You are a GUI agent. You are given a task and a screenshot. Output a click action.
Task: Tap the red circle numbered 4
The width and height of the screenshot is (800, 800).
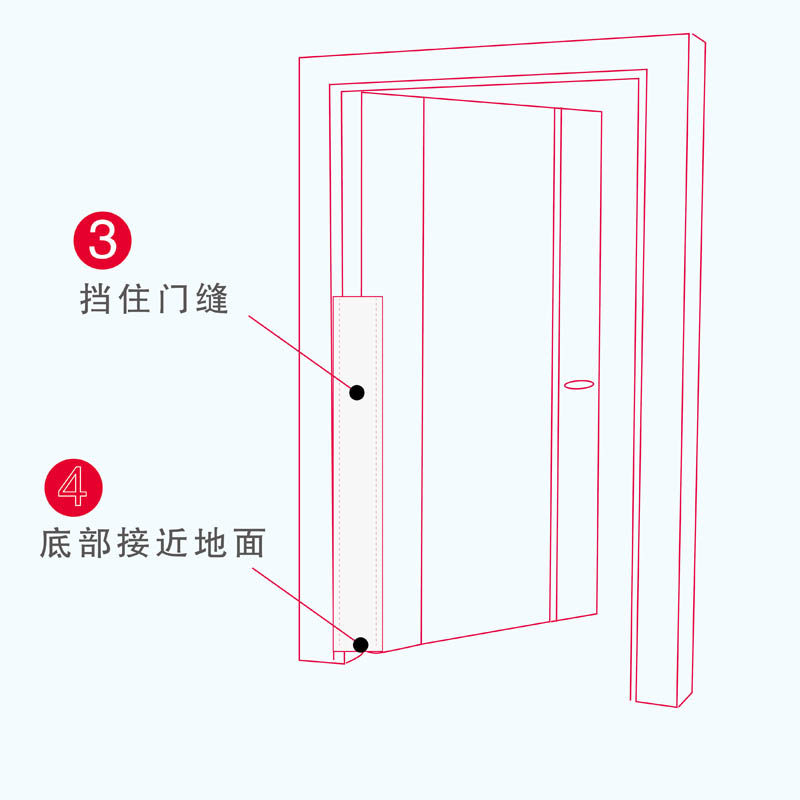click(x=74, y=487)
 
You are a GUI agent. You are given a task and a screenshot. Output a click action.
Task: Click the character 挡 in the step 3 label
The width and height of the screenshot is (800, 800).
click(x=96, y=299)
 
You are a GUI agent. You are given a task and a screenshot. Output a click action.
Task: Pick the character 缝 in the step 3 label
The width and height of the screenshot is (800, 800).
click(x=213, y=299)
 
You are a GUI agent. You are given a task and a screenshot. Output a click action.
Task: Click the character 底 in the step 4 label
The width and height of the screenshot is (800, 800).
click(x=56, y=544)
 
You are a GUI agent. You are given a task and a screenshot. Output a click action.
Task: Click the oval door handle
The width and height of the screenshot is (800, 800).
click(x=579, y=383)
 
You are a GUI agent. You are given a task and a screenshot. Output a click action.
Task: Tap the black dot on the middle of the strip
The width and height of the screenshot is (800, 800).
click(x=357, y=392)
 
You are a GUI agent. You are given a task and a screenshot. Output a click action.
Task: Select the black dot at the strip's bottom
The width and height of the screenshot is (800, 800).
click(x=361, y=645)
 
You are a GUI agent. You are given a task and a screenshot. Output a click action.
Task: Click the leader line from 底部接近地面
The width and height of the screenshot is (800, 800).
click(x=305, y=605)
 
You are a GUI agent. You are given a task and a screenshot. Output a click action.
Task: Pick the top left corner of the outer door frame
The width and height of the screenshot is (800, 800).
click(x=300, y=58)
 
